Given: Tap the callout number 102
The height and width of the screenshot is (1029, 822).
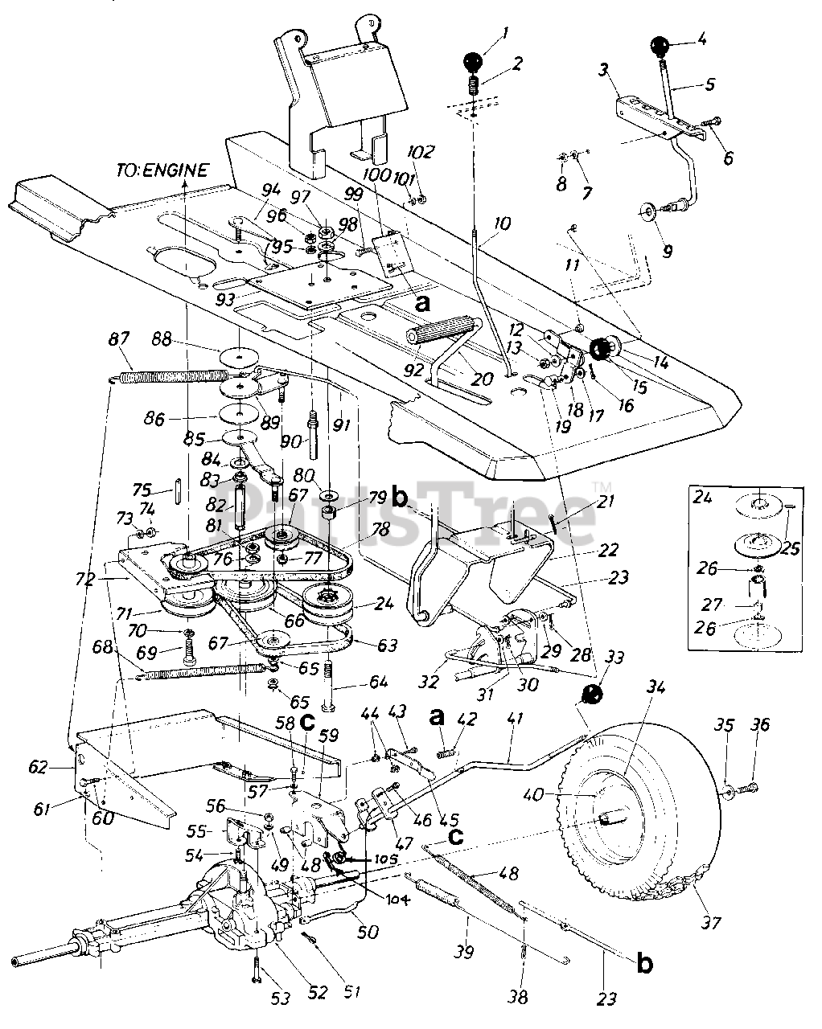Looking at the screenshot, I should (425, 152).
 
